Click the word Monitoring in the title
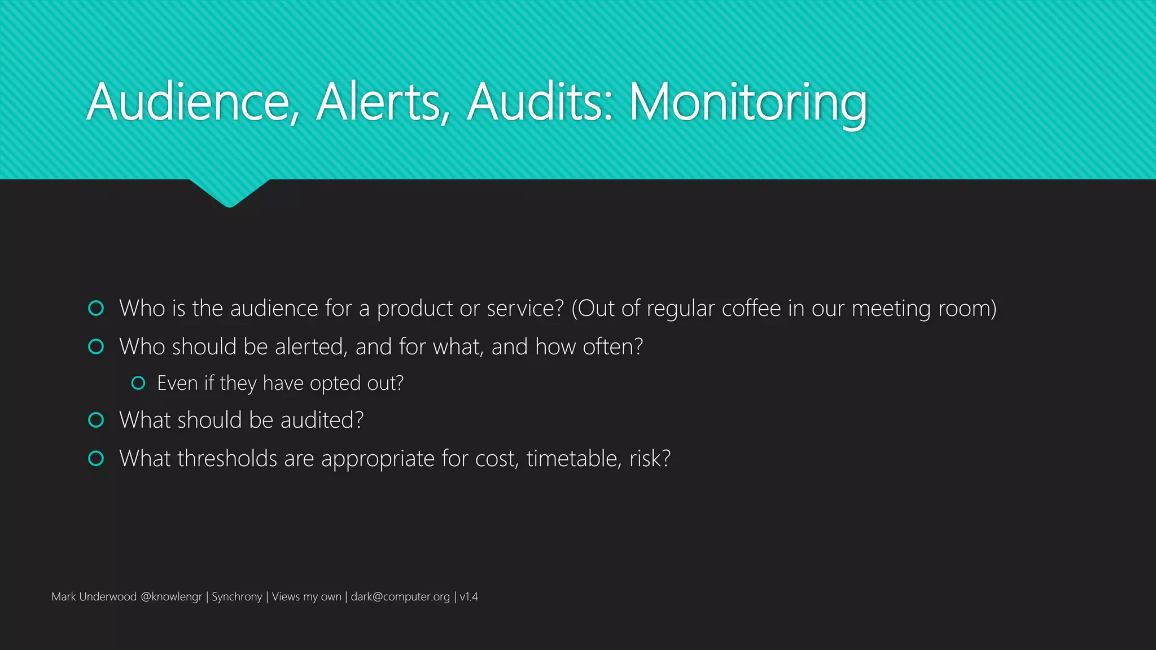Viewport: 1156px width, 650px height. point(747,103)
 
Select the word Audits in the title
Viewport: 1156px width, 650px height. point(539,103)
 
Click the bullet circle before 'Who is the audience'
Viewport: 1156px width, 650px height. point(97,308)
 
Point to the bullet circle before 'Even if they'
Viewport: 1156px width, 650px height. point(138,383)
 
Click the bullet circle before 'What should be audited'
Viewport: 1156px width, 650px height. point(97,420)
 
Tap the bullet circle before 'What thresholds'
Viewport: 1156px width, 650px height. point(97,458)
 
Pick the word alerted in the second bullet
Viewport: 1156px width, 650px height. point(311,346)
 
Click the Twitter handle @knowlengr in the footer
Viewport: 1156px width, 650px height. point(171,596)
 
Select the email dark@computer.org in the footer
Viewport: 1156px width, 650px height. point(400,596)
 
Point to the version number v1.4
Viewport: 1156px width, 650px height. point(468,596)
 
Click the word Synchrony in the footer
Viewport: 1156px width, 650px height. point(237,596)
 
